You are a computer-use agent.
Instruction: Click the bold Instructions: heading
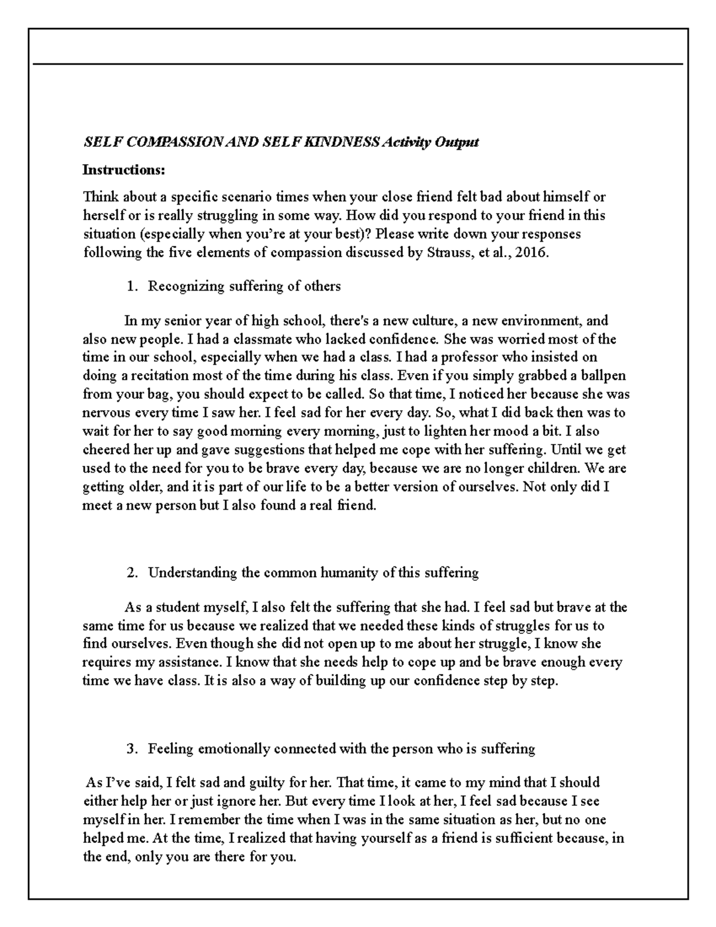pos(124,170)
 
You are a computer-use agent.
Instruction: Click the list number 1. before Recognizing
pos(132,287)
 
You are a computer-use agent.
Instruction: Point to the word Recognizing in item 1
pos(186,287)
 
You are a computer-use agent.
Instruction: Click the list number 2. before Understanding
pos(132,573)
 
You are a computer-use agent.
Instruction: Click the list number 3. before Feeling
pos(132,749)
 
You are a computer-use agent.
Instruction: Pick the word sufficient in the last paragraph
pos(523,838)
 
